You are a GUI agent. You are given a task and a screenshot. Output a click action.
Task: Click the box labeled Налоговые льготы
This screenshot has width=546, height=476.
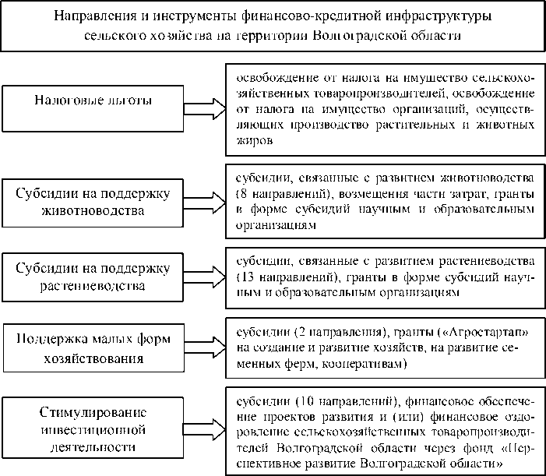coord(93,101)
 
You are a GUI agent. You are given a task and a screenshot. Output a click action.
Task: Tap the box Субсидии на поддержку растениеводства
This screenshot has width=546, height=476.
coord(93,277)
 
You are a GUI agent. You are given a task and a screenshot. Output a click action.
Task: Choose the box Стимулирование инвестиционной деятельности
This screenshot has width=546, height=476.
coord(93,428)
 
